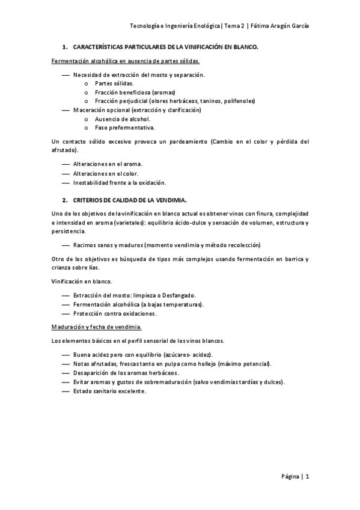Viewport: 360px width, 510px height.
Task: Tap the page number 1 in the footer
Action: (x=307, y=477)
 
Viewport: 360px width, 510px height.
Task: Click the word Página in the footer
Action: (x=290, y=477)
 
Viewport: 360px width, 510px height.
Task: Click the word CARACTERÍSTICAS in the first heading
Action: (x=99, y=46)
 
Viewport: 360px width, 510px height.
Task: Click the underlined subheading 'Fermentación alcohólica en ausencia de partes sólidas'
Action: (x=126, y=61)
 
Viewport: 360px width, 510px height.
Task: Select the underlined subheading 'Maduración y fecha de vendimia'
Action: (x=97, y=327)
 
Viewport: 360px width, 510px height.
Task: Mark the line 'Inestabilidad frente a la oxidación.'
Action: (x=120, y=182)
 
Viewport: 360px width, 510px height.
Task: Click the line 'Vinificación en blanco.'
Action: (x=81, y=281)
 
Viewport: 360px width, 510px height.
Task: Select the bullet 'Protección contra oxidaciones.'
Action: (x=115, y=313)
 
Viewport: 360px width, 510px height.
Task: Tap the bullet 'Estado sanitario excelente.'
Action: (x=109, y=391)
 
